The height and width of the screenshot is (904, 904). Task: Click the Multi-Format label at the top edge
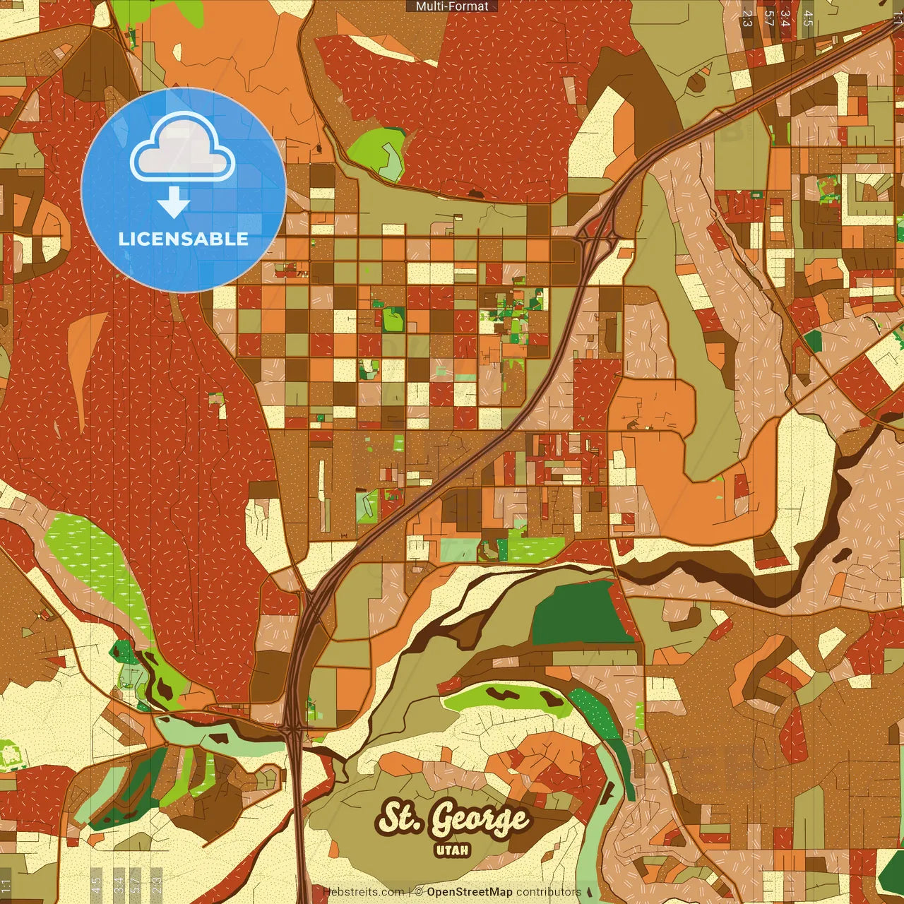[x=452, y=6]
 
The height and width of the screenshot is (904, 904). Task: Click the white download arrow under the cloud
[x=174, y=203]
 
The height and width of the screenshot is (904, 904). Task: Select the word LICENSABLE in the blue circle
[x=184, y=239]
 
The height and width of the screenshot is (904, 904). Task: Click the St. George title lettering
[x=453, y=819]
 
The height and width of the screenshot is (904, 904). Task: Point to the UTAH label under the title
[x=453, y=850]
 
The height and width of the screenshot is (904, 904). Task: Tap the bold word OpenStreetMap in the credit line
[x=469, y=892]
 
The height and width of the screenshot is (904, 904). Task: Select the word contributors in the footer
[x=548, y=892]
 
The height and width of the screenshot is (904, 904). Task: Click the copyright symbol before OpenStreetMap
[x=418, y=892]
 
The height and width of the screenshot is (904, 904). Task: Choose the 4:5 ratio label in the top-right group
[x=808, y=18]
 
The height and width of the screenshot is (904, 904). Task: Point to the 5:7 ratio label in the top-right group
[x=768, y=18]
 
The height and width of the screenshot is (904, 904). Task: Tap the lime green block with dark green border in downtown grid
[x=393, y=320]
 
